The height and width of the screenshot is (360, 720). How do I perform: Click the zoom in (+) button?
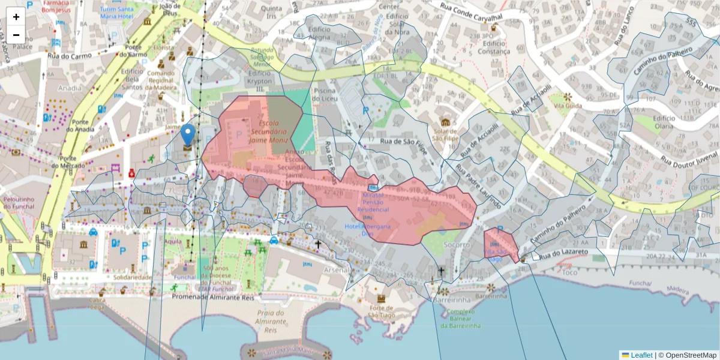click(16, 17)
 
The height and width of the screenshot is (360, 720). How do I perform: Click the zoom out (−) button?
click(16, 34)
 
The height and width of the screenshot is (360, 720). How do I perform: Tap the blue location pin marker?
click(188, 135)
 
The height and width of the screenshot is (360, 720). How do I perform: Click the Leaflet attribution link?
click(641, 355)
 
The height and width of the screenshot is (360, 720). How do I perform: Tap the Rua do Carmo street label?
click(70, 56)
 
